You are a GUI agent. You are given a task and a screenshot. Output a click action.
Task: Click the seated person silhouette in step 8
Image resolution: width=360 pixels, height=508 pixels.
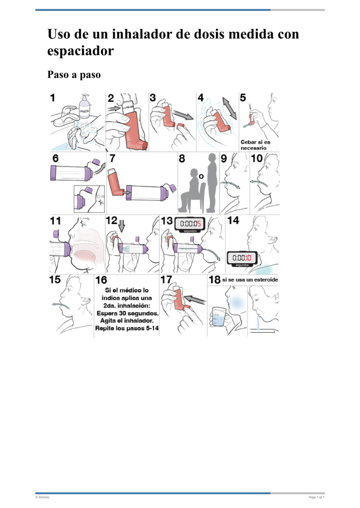point(190,189)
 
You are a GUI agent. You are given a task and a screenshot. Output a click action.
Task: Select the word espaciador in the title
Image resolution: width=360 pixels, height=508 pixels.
point(80,51)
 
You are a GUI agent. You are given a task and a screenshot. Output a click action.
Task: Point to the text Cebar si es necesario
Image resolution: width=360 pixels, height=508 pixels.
point(256,145)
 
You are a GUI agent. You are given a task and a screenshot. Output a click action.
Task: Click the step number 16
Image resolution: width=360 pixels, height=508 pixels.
point(101,280)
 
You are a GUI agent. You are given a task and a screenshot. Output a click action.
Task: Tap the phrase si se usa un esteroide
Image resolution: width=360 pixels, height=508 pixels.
point(250,280)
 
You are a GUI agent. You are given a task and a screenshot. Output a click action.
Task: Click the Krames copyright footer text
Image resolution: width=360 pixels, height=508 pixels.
point(43,497)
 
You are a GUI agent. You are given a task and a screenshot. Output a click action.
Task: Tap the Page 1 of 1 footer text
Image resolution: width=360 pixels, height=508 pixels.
point(316,497)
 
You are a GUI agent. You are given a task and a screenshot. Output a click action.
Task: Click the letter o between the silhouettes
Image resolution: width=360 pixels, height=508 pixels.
point(202,177)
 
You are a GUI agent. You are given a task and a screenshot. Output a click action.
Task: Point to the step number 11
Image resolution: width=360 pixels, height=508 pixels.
point(55,220)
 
